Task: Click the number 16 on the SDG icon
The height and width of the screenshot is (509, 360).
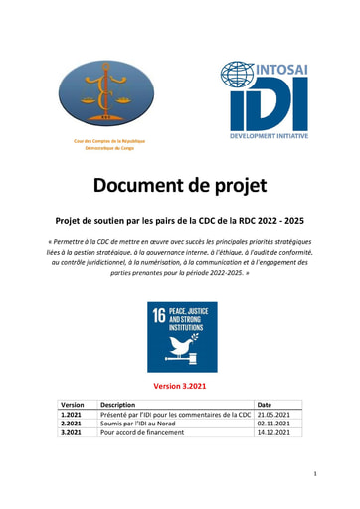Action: click(x=158, y=314)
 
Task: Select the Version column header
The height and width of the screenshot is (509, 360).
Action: click(x=73, y=405)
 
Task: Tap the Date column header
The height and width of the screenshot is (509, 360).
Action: click(x=265, y=405)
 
